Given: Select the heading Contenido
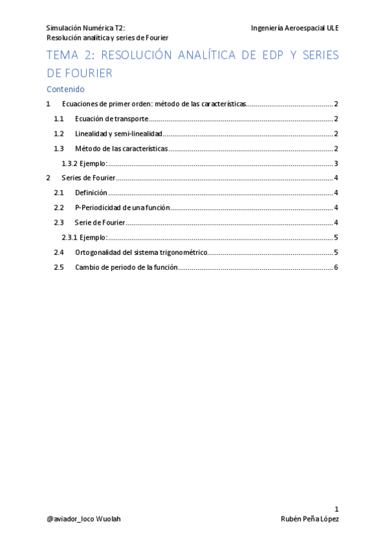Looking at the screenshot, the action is click(66, 89).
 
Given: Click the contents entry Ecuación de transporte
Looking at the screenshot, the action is click(112, 119).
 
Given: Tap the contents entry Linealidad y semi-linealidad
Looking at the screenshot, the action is click(118, 134).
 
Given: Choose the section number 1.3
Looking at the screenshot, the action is click(59, 149).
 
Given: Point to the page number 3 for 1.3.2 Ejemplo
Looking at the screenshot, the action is click(336, 164).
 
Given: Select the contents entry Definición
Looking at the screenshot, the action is click(91, 193).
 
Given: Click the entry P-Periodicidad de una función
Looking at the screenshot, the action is click(122, 208).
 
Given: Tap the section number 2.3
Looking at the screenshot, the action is click(59, 223).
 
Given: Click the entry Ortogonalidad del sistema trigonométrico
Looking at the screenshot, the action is click(141, 252).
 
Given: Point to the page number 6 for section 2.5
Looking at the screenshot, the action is click(336, 267).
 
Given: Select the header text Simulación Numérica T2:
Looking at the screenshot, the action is click(85, 28).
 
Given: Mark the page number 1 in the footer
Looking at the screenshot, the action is click(336, 509).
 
